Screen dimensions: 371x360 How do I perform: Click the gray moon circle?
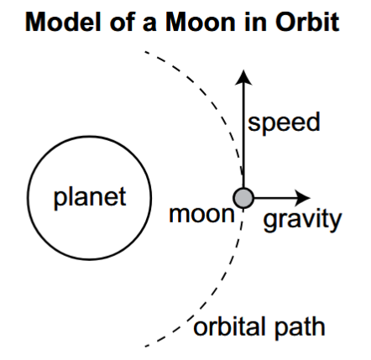[x=243, y=198]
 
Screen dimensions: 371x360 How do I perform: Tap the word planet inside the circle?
[x=90, y=198]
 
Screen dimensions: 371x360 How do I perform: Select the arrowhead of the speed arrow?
[x=243, y=77]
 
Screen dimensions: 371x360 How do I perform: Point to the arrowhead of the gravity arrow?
[x=303, y=198]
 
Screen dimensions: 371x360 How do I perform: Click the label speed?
[x=284, y=123]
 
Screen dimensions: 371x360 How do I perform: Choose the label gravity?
[x=302, y=220]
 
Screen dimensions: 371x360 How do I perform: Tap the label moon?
[x=201, y=215]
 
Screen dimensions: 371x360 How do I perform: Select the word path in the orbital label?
[x=300, y=327]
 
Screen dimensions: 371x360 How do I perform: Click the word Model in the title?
[x=63, y=22]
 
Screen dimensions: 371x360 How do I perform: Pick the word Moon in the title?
[x=201, y=22]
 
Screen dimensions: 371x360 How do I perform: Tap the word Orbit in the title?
[x=307, y=22]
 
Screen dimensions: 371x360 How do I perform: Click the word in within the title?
[x=255, y=22]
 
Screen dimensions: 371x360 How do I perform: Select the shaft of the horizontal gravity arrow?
[x=275, y=198]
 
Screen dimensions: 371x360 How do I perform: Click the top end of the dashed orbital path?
[x=145, y=52]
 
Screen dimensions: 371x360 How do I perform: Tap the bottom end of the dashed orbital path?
[x=146, y=347]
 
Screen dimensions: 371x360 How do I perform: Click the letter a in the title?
[x=149, y=24]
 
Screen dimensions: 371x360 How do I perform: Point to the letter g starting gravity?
[x=270, y=222]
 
